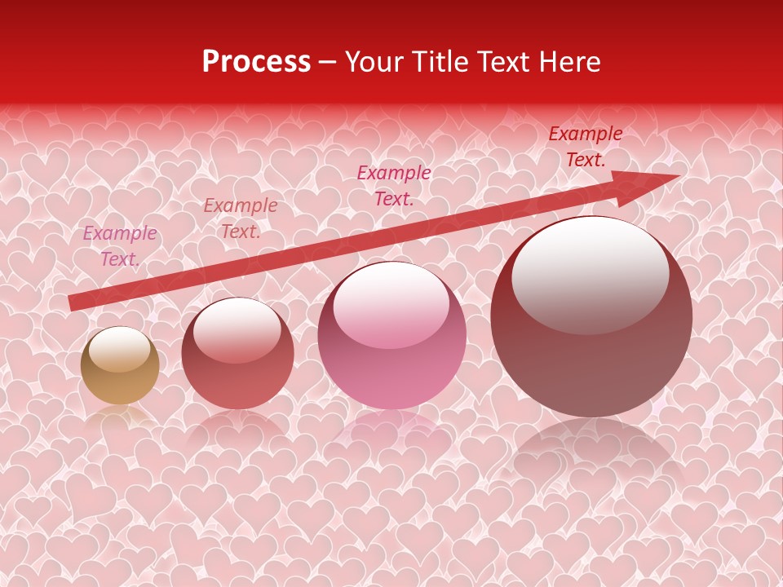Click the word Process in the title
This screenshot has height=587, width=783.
(x=256, y=62)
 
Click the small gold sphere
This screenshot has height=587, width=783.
(x=120, y=365)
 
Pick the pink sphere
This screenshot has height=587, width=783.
(x=391, y=336)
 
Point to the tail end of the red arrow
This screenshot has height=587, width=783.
(x=73, y=302)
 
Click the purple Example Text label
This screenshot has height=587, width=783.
(x=120, y=246)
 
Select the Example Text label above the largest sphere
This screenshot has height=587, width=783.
(x=585, y=147)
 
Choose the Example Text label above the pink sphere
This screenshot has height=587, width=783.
(x=394, y=186)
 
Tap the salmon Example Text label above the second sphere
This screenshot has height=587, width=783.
(x=241, y=218)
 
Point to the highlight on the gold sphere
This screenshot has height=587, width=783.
(x=119, y=349)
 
